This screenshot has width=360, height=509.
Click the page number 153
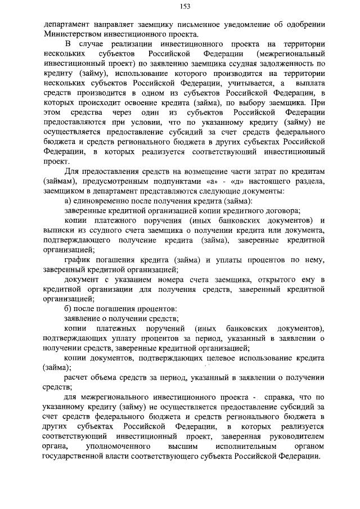click(184, 6)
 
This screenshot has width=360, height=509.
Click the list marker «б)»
click(69, 307)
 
